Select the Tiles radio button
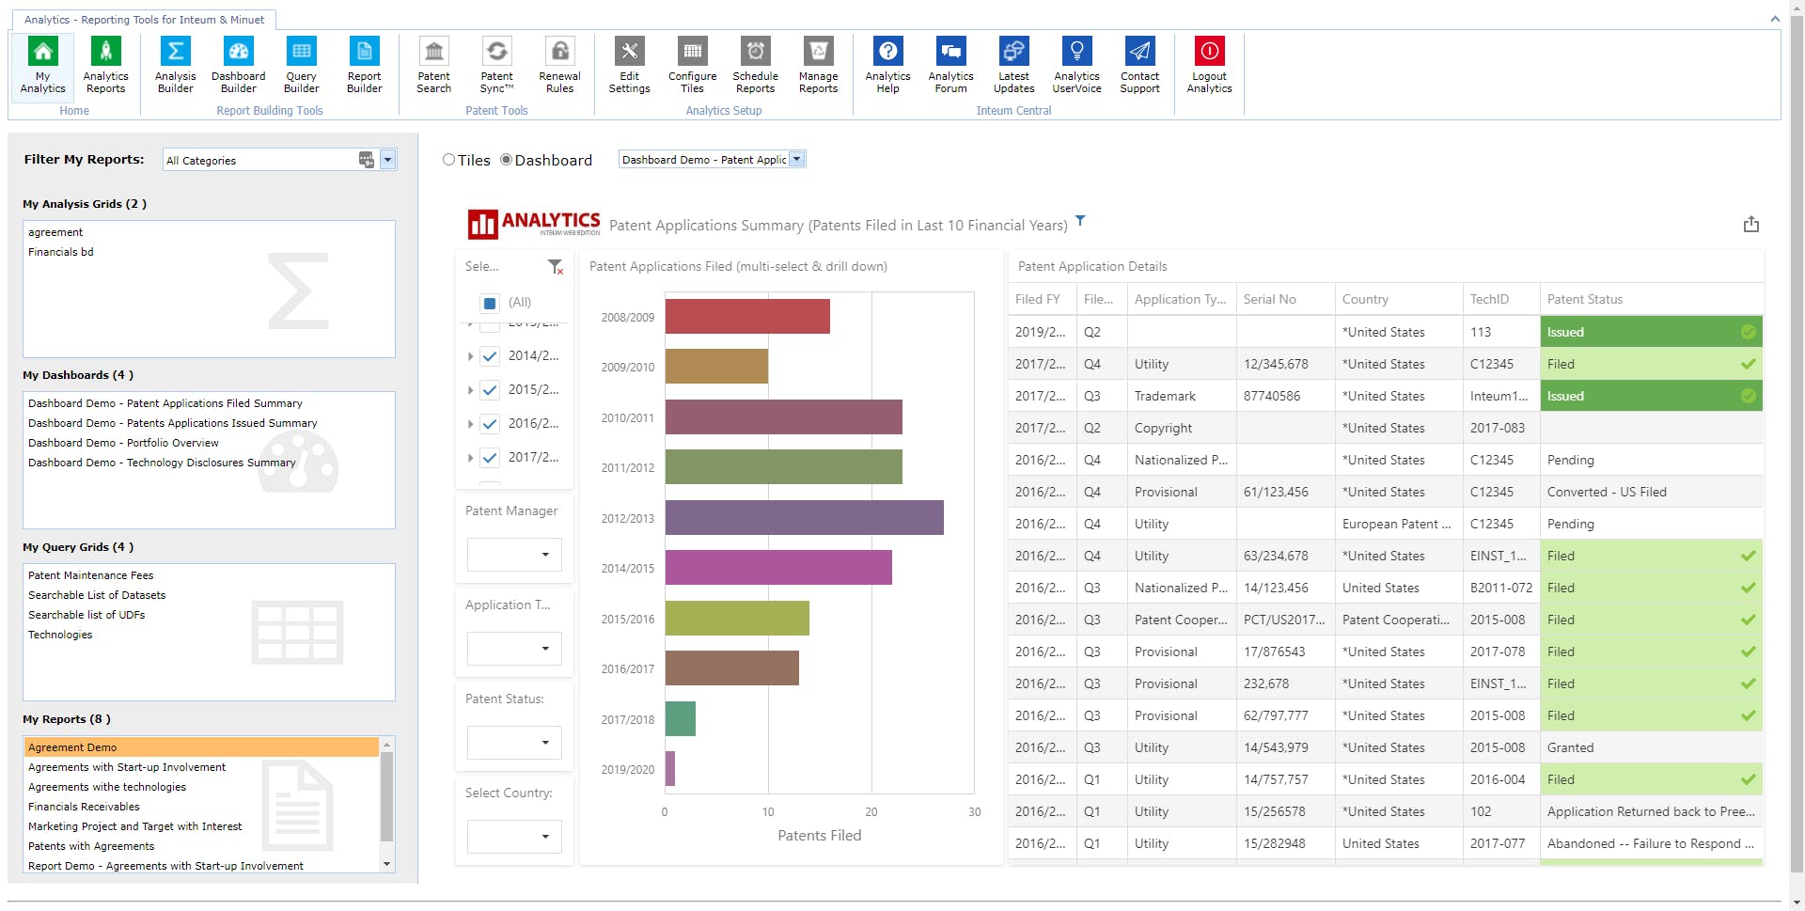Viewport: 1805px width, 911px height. pos(449,160)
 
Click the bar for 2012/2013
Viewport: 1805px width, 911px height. pos(804,518)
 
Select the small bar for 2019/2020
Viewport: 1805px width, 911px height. pos(670,769)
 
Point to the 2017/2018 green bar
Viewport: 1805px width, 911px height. pos(681,719)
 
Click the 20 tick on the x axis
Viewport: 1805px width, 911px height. pos(871,812)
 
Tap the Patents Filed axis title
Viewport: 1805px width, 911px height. pos(819,836)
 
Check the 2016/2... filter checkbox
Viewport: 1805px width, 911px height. pos(490,424)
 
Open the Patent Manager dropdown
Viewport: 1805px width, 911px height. pos(514,555)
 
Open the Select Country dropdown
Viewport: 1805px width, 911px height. pos(514,837)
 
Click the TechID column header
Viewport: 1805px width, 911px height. pos(1489,299)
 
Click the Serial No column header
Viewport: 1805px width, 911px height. pos(1269,299)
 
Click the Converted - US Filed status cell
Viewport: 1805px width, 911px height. pos(1607,492)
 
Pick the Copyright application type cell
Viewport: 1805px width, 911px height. pos(1163,428)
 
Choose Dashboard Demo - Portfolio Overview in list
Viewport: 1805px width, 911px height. pos(123,443)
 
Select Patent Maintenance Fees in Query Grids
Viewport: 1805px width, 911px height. pos(90,575)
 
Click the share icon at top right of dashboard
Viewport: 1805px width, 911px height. pos(1750,225)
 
